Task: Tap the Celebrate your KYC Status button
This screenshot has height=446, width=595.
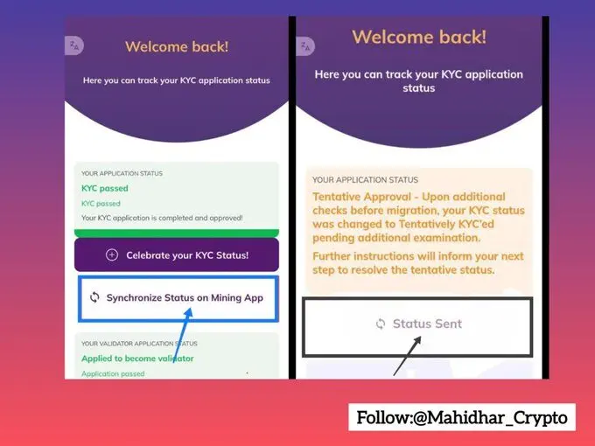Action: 177,254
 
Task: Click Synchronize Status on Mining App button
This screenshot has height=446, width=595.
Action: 178,299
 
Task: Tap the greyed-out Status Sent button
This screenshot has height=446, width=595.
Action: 417,327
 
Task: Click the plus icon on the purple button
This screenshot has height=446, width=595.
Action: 112,254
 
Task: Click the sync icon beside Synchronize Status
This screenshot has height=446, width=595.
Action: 94,297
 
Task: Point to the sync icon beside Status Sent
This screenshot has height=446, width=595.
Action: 381,324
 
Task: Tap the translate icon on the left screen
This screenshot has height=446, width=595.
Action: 74,45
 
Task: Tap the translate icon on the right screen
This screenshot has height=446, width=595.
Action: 305,46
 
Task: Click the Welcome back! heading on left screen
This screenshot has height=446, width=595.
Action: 177,46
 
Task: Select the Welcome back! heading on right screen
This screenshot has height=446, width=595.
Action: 419,37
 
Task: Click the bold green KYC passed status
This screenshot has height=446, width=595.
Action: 105,188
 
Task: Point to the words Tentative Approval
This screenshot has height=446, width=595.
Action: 361,197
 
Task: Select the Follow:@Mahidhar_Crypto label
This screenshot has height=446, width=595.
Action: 462,417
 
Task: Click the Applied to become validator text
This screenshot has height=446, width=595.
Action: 137,359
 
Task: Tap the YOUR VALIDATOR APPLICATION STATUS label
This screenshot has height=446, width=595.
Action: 139,344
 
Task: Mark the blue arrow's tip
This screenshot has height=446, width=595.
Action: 191,308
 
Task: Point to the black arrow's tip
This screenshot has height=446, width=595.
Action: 421,337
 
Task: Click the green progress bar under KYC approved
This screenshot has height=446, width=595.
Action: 177,233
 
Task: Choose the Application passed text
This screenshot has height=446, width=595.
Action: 113,374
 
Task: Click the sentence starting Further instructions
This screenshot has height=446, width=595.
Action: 418,263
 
